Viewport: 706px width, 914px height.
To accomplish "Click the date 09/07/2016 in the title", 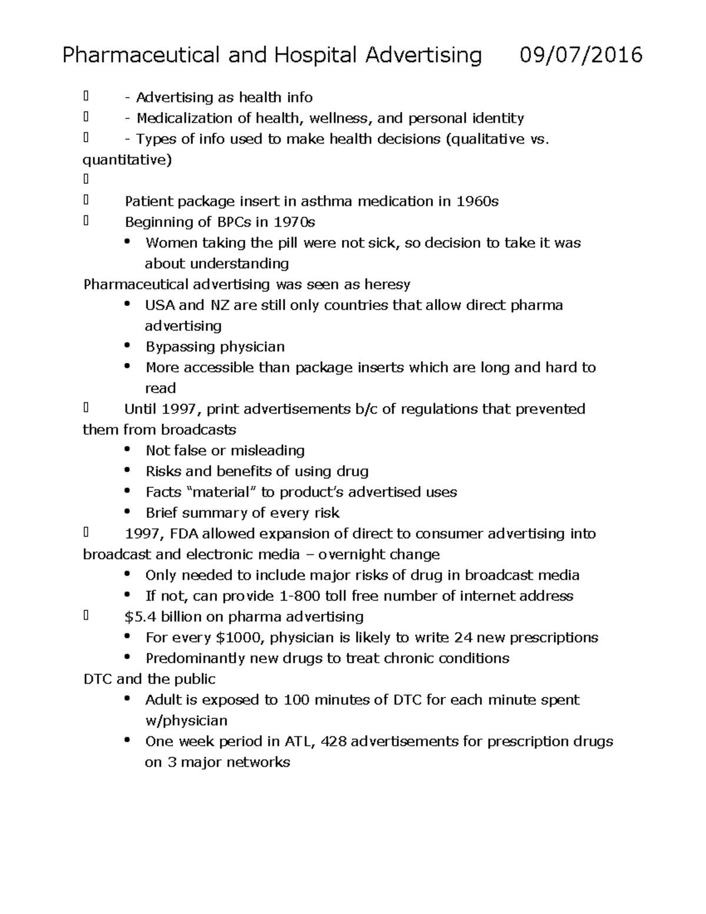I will click(581, 55).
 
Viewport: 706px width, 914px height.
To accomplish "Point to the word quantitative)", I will click(127, 160).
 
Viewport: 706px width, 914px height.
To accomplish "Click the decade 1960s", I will click(477, 201).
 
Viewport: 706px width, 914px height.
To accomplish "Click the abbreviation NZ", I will click(215, 305).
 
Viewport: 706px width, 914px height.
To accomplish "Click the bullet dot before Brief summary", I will click(127, 512).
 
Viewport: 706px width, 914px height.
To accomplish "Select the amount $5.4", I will click(141, 617).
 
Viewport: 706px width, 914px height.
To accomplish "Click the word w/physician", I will click(186, 721).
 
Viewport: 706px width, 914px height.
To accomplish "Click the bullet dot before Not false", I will click(127, 450).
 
